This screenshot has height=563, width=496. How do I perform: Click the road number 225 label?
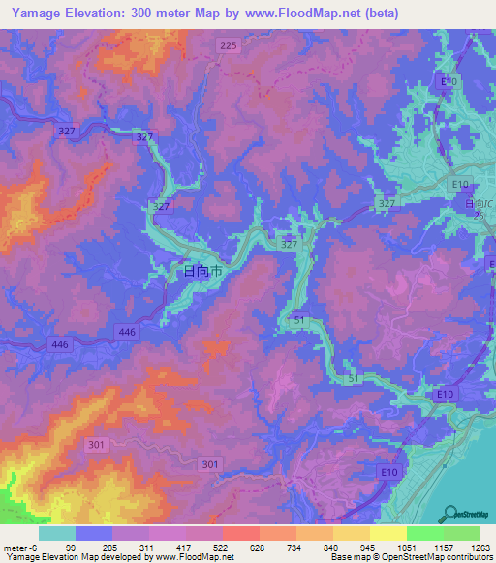click(228, 45)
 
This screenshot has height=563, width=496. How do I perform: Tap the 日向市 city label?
click(203, 273)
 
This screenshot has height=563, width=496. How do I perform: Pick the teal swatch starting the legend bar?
click(57, 534)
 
